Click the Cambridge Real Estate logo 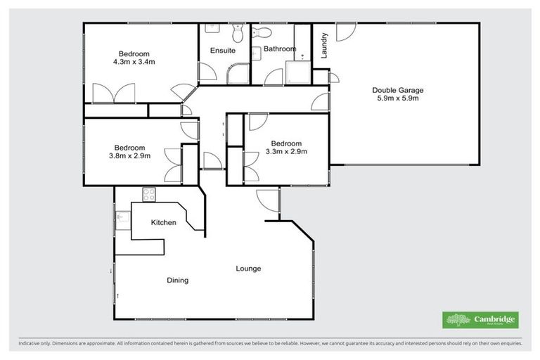[480, 320]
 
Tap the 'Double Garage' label [398, 90]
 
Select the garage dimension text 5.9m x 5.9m [398, 98]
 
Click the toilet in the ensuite [238, 32]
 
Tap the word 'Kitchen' [163, 223]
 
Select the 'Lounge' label [248, 269]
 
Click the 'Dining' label [177, 281]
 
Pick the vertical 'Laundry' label [325, 46]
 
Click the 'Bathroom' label [279, 49]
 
